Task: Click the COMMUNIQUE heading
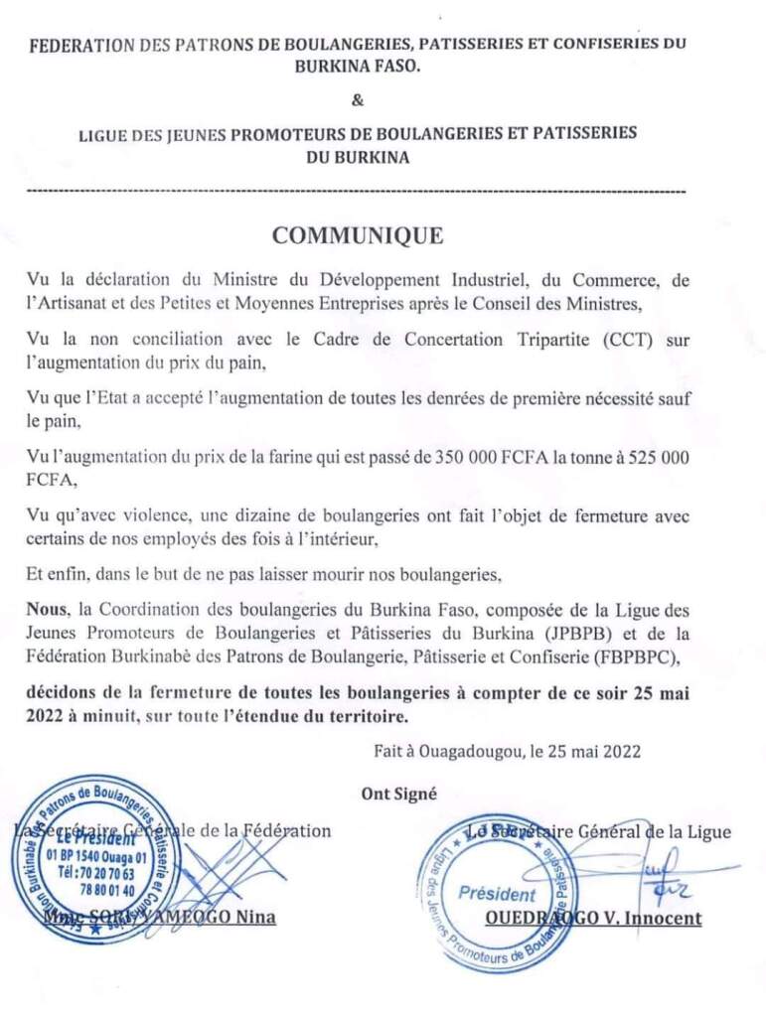pyautogui.click(x=358, y=236)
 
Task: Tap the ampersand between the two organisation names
pyautogui.click(x=359, y=99)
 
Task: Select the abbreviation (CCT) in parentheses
pyautogui.click(x=625, y=339)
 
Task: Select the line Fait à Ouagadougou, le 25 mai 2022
pyautogui.click(x=508, y=752)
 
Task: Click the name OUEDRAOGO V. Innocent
pyautogui.click(x=593, y=918)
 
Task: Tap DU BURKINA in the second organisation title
pyautogui.click(x=359, y=157)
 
